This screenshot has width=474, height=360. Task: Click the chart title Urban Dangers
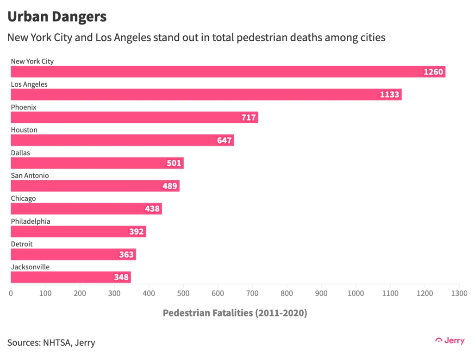click(57, 17)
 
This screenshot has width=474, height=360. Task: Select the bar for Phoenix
click(134, 117)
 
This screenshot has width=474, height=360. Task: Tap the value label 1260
click(434, 72)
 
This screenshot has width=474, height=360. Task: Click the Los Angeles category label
click(29, 84)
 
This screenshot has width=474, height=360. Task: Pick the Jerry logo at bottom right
click(450, 341)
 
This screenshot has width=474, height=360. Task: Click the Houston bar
click(122, 140)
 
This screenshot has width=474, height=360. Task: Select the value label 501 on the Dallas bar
click(175, 163)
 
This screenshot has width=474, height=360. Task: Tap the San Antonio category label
click(30, 176)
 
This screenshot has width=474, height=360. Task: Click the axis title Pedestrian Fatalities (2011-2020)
click(235, 313)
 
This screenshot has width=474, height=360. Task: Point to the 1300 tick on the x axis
click(458, 293)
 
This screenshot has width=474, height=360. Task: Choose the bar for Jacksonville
click(70, 277)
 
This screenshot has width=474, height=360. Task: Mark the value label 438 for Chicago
click(153, 209)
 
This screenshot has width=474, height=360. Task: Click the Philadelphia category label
click(31, 221)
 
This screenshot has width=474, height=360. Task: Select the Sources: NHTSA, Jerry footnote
click(51, 343)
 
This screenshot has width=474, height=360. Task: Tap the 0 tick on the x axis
click(11, 293)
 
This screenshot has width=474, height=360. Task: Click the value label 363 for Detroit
click(127, 254)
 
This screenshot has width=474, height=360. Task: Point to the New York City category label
click(32, 61)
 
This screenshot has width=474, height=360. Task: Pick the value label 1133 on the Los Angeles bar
click(390, 95)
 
